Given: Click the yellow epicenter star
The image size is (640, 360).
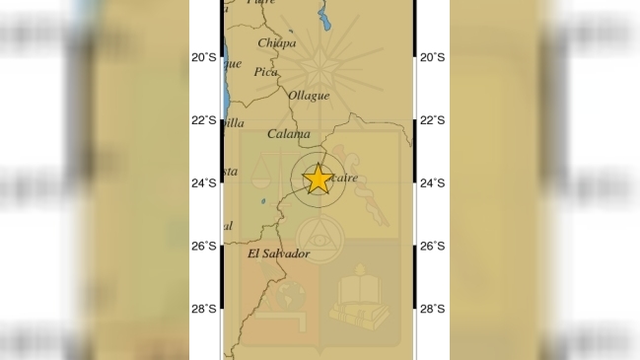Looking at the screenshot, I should click(318, 179).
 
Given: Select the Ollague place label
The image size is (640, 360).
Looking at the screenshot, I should click(308, 96).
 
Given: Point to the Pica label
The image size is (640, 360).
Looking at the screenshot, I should click(265, 72).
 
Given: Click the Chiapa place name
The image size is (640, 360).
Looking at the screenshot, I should click(276, 42).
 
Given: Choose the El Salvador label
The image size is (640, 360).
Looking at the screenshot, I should click(278, 254).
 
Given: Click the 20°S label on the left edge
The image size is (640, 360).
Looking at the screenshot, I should click(203, 57).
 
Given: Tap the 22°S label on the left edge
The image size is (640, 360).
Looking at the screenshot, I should click(203, 120).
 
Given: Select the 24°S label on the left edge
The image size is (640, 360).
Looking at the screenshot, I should click(203, 182).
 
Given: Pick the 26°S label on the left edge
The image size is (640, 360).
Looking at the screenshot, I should click(203, 246).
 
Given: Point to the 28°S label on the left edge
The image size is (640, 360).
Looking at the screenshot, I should click(203, 309).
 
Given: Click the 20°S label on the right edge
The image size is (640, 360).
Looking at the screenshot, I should click(432, 57).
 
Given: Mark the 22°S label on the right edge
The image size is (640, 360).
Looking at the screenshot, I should click(432, 120).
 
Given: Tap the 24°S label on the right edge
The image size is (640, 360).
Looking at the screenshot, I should click(432, 182).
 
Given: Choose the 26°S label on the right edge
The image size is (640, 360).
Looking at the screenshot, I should click(432, 246).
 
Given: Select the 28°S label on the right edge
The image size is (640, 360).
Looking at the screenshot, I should click(432, 309).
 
